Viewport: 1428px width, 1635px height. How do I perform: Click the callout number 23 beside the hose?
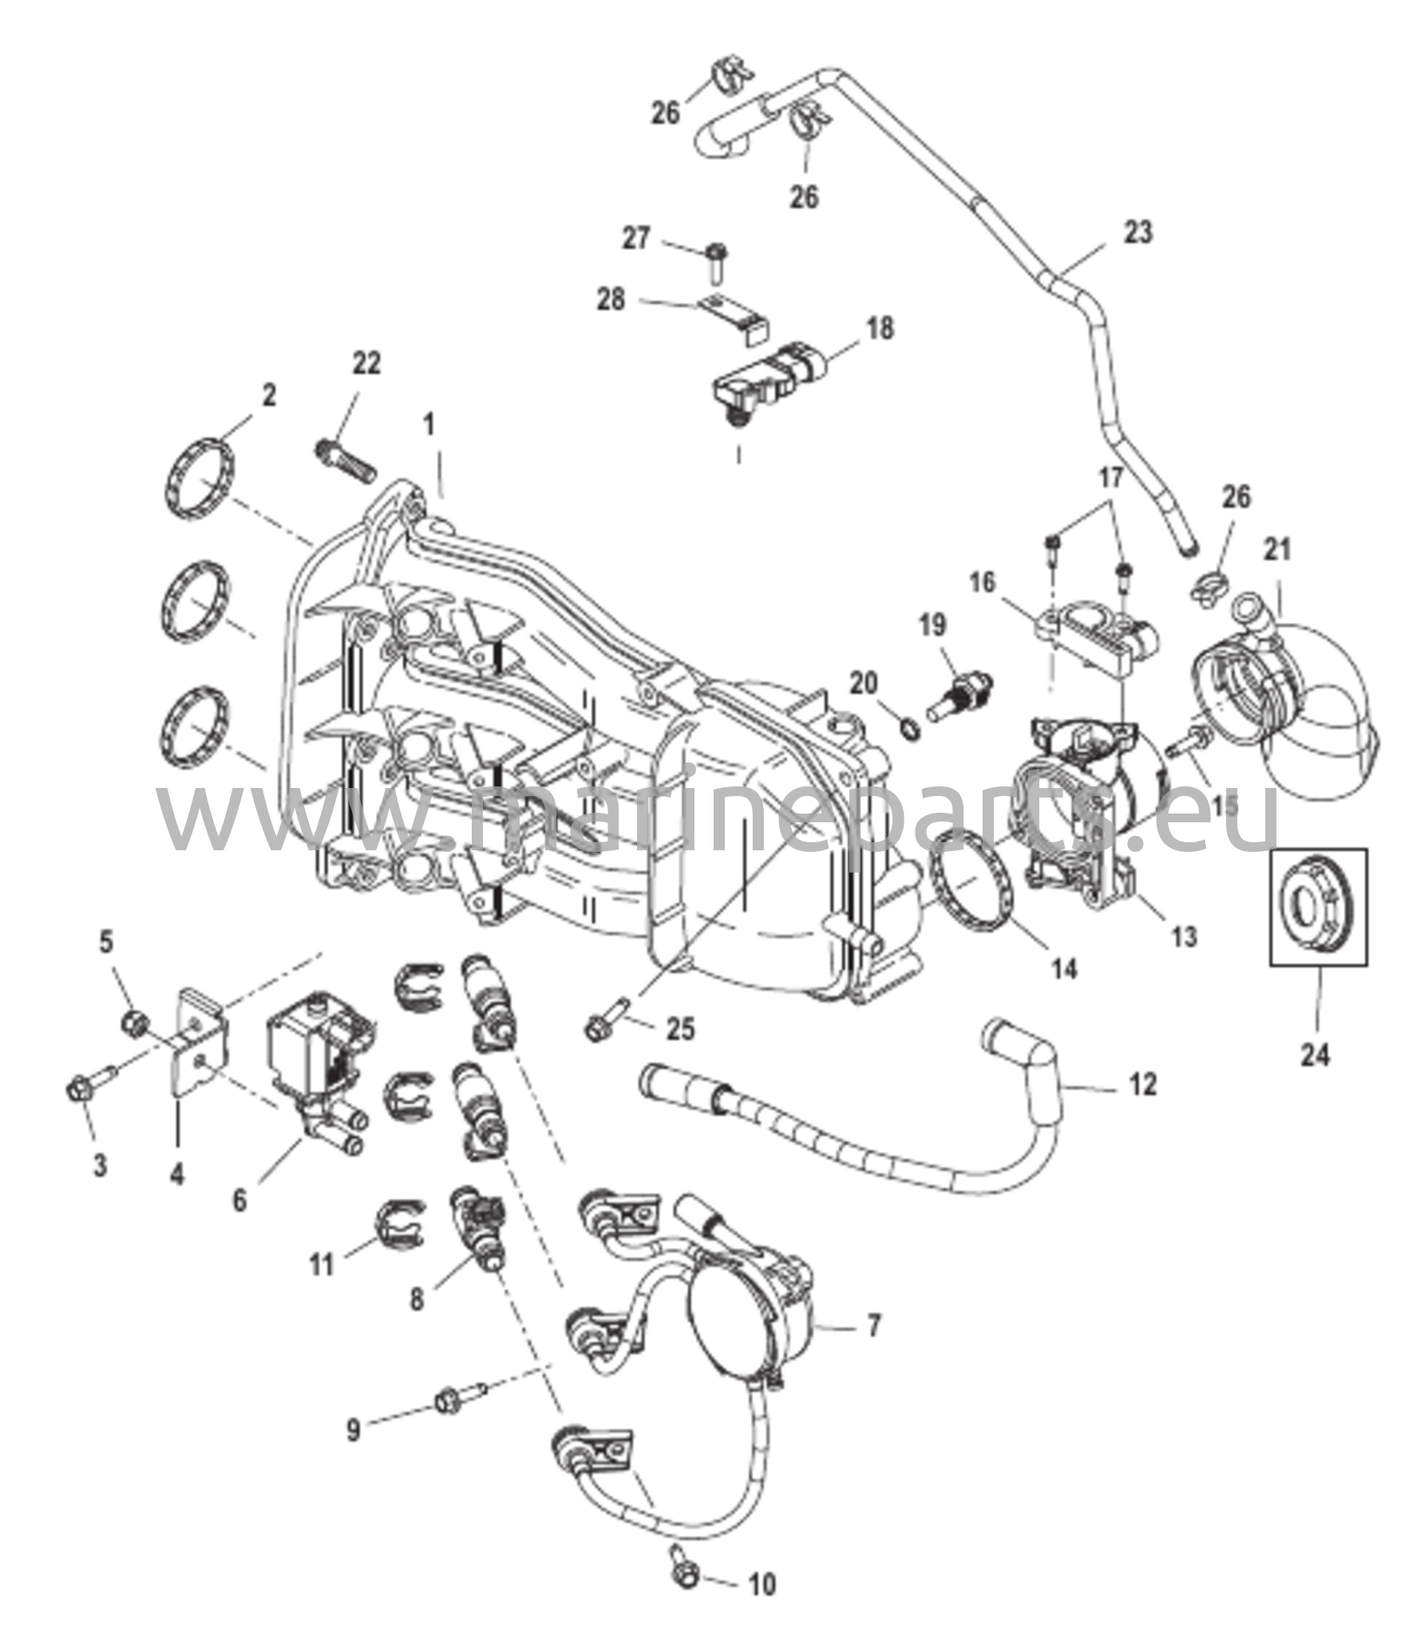pyautogui.click(x=1138, y=232)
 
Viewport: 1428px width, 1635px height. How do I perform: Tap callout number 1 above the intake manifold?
pyautogui.click(x=430, y=424)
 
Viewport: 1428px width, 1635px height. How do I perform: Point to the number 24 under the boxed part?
pyautogui.click(x=1315, y=1055)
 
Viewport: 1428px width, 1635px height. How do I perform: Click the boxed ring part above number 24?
pyautogui.click(x=1318, y=908)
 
